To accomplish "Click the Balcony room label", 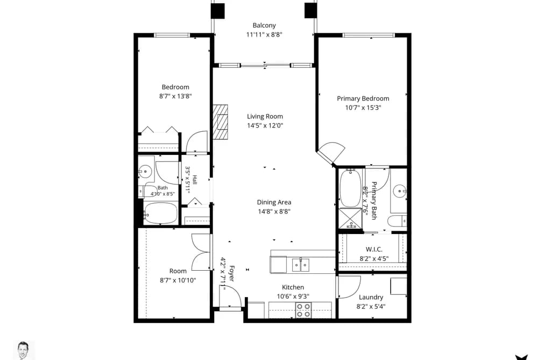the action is [x=264, y=25].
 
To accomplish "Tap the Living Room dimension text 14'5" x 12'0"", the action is [x=265, y=125].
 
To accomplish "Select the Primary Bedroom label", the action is [x=363, y=98].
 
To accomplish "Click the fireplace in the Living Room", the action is [x=221, y=122].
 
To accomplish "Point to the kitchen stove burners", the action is [x=303, y=310].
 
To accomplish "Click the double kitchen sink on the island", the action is [x=300, y=265].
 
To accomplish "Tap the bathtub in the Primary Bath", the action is [x=350, y=188].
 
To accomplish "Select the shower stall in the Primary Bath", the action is [x=350, y=218].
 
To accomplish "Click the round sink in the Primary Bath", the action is [x=400, y=191].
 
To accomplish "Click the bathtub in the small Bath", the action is [x=160, y=213].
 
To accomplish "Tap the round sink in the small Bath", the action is [x=145, y=171].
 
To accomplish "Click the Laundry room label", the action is [x=371, y=297].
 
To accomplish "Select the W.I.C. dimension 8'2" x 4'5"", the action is [x=374, y=258].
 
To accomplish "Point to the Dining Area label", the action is [x=274, y=202].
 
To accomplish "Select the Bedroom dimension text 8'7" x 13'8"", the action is [x=175, y=96].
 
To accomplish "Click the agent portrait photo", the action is [x=24, y=350].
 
